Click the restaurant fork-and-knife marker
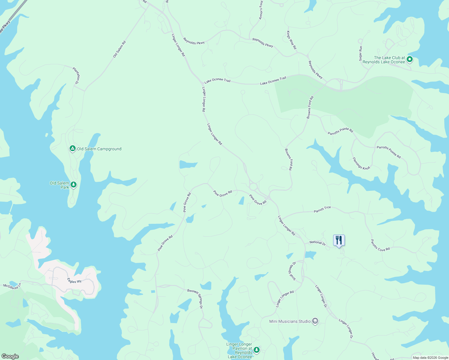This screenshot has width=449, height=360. [x=339, y=240]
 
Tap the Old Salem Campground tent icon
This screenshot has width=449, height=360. [x=72, y=148]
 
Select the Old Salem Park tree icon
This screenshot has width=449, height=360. [x=74, y=185]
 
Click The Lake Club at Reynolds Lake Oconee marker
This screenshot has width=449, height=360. [x=410, y=60]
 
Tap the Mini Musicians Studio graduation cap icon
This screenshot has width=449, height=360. [x=315, y=321]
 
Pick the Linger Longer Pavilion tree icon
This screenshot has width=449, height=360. [x=256, y=350]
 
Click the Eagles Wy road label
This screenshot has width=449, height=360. [x=74, y=281]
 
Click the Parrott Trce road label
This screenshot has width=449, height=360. [x=322, y=209]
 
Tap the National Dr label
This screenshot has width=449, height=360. [x=317, y=243]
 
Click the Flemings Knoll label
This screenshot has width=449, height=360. [x=361, y=164]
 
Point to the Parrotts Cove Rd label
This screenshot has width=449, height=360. [x=380, y=245]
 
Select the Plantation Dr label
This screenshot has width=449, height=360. [x=77, y=75]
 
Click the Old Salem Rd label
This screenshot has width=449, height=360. [x=119, y=49]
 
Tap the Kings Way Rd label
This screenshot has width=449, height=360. [x=291, y=40]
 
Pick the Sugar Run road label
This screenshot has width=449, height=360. [x=360, y=53]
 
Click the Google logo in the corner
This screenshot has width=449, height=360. [x=10, y=356]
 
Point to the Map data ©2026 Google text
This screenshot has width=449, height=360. [x=430, y=357]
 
